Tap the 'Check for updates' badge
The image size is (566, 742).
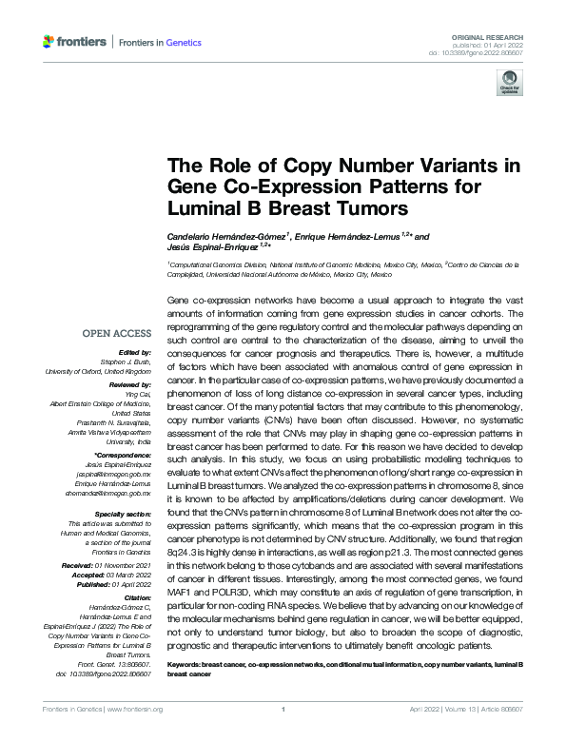tap(509, 86)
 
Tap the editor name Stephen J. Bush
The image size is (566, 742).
tap(127, 361)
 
